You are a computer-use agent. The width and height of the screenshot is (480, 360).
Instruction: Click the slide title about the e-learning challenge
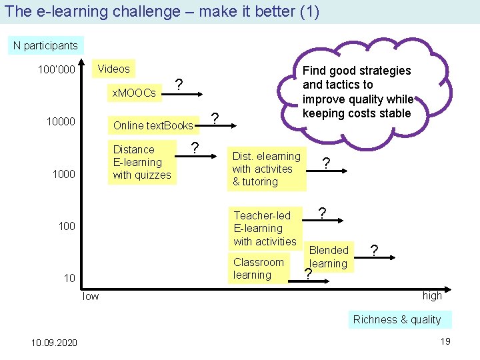click(x=161, y=11)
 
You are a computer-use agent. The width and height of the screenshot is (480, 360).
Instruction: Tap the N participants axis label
click(x=45, y=46)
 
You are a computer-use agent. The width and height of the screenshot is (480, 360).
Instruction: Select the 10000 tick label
click(x=60, y=122)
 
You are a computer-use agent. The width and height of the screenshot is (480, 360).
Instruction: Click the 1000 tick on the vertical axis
click(x=63, y=174)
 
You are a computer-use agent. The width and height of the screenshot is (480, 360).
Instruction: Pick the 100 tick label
click(x=67, y=226)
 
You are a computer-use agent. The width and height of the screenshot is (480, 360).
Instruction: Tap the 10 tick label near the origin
click(x=69, y=278)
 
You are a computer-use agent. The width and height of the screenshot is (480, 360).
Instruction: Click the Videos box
click(x=113, y=69)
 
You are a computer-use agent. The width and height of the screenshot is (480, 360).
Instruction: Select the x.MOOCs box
click(x=134, y=93)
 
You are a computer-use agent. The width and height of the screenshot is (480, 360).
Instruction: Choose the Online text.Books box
click(x=153, y=125)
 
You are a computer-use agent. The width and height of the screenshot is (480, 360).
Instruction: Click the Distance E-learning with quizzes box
click(x=141, y=162)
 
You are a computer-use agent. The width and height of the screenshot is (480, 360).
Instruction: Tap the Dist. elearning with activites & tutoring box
click(x=266, y=169)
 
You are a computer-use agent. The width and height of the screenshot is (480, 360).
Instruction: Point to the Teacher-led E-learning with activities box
click(x=265, y=228)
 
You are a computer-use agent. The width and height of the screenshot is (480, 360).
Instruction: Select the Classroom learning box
click(x=258, y=268)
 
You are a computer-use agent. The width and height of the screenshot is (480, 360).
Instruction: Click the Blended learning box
click(x=329, y=257)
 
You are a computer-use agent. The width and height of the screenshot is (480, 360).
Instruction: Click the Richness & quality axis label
click(x=397, y=319)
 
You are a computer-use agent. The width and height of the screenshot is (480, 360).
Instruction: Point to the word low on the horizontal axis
click(x=90, y=296)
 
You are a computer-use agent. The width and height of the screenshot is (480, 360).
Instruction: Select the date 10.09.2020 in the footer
click(x=54, y=343)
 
